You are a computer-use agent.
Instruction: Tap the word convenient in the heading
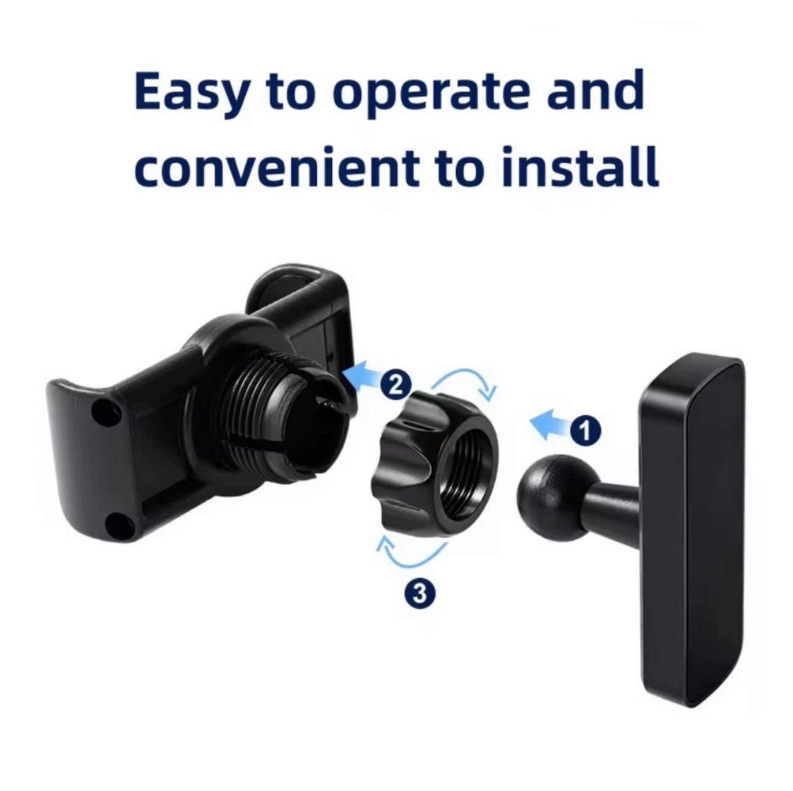pyautogui.click(x=275, y=170)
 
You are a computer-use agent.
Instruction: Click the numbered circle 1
pyautogui.click(x=585, y=432)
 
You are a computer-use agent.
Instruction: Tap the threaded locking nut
pyautogui.click(x=436, y=467)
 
